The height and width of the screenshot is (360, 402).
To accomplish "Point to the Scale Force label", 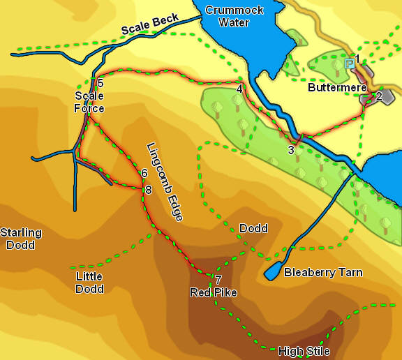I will pyautogui.click(x=89, y=102).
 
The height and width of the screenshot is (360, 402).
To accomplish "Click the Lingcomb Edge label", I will pyautogui.click(x=165, y=182).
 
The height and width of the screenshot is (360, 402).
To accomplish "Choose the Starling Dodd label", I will pyautogui.click(x=21, y=239).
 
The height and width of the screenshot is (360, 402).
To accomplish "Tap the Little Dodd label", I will pyautogui.click(x=89, y=283).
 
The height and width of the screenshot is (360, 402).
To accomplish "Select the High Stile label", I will pyautogui.click(x=304, y=351).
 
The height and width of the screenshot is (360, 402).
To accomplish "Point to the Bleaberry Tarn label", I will pyautogui.click(x=323, y=272).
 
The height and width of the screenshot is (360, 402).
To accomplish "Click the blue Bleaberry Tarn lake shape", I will pyautogui.click(x=273, y=272).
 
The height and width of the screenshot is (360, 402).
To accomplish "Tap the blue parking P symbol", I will pyautogui.click(x=349, y=63).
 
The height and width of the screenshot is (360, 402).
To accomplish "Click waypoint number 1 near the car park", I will pyautogui.click(x=357, y=59).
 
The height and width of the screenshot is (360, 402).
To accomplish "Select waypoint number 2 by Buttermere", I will pyautogui.click(x=379, y=96).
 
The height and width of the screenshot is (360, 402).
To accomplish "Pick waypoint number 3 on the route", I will pyautogui.click(x=291, y=149).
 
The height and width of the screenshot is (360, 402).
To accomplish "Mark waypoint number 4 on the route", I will pyautogui.click(x=239, y=89).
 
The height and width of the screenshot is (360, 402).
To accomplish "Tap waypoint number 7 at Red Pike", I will pyautogui.click(x=219, y=280).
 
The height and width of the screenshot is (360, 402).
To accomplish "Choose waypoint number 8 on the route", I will pyautogui.click(x=148, y=190).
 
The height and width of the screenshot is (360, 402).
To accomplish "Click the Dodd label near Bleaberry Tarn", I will pyautogui.click(x=253, y=228).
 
